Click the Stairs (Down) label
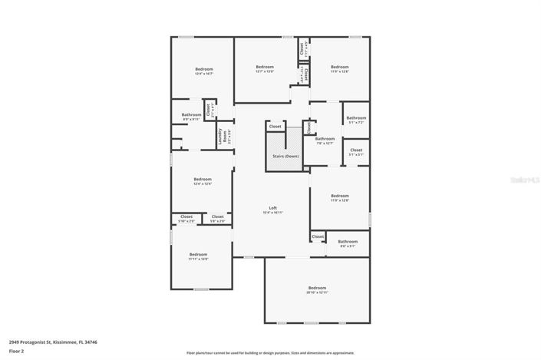[286, 156]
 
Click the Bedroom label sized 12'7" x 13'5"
[265, 67]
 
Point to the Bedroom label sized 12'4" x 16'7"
[203, 70]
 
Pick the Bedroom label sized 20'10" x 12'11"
[317, 288]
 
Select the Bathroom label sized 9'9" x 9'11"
[191, 115]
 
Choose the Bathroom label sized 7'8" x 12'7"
[325, 139]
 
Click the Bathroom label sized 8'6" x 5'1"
[348, 242]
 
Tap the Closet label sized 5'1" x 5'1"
[356, 150]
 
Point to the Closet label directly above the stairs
[275, 126]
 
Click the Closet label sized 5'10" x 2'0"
[186, 217]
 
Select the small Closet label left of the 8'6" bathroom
[318, 236]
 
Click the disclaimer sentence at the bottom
[269, 353]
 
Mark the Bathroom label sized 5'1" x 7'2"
[356, 118]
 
